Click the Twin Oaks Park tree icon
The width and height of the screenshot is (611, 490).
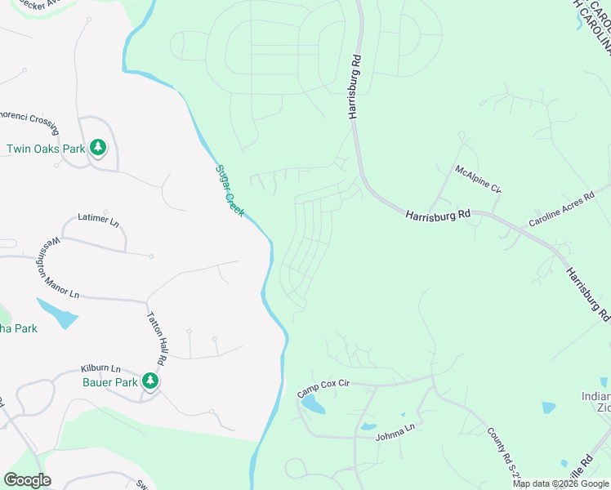[99, 148]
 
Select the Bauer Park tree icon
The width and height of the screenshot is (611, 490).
[149, 381]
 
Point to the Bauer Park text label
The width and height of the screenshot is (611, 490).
[109, 381]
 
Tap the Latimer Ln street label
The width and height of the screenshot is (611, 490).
[98, 220]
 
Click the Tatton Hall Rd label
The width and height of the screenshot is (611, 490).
[156, 337]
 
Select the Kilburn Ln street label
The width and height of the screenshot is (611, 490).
[100, 368]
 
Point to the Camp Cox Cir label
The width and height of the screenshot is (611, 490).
[323, 389]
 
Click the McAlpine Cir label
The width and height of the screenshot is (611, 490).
[478, 179]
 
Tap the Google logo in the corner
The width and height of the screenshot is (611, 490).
[27, 480]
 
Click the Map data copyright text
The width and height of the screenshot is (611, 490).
[561, 484]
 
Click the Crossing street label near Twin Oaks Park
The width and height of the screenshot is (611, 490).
[29, 120]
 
